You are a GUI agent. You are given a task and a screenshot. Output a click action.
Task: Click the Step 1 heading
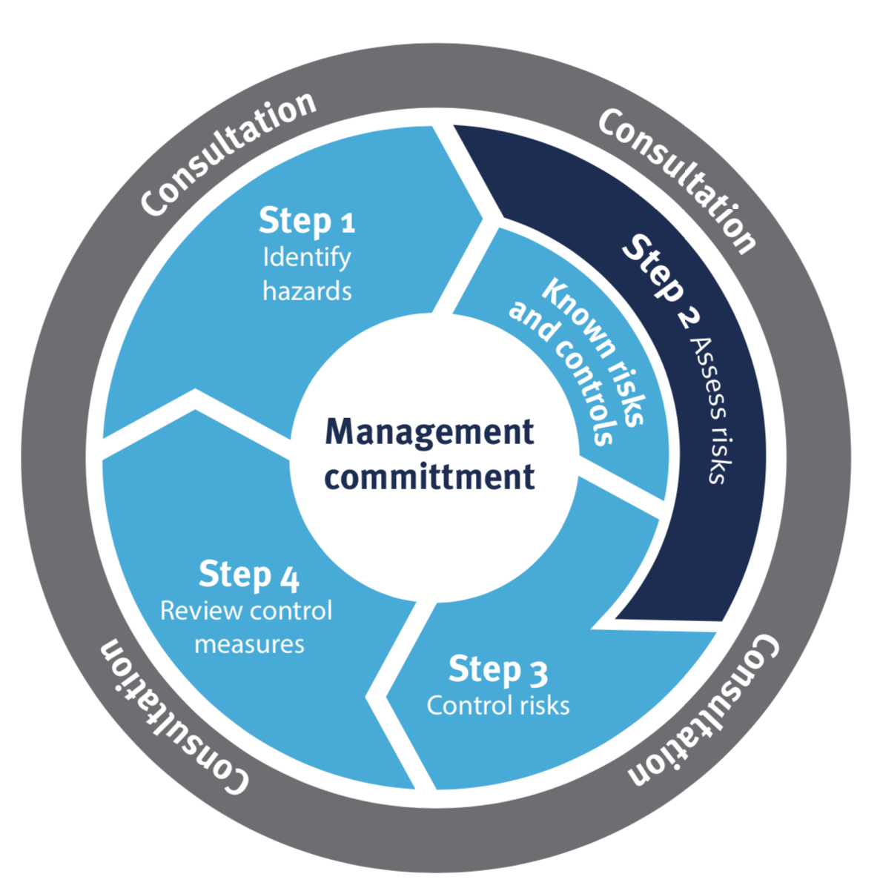(x=306, y=221)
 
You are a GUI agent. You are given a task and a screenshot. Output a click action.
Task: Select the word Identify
(x=307, y=257)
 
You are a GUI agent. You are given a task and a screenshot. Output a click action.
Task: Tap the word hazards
(x=307, y=291)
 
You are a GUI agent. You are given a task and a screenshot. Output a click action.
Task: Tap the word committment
(x=429, y=476)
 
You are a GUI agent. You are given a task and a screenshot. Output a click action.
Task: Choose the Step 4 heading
(x=248, y=575)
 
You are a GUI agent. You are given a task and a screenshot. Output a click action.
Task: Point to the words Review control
(x=246, y=611)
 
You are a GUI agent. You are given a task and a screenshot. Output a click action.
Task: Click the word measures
(x=249, y=644)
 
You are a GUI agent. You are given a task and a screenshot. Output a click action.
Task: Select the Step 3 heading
(x=497, y=670)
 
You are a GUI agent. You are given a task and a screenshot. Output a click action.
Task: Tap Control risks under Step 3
(x=497, y=705)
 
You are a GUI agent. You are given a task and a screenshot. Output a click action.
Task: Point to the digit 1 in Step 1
(x=348, y=223)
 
